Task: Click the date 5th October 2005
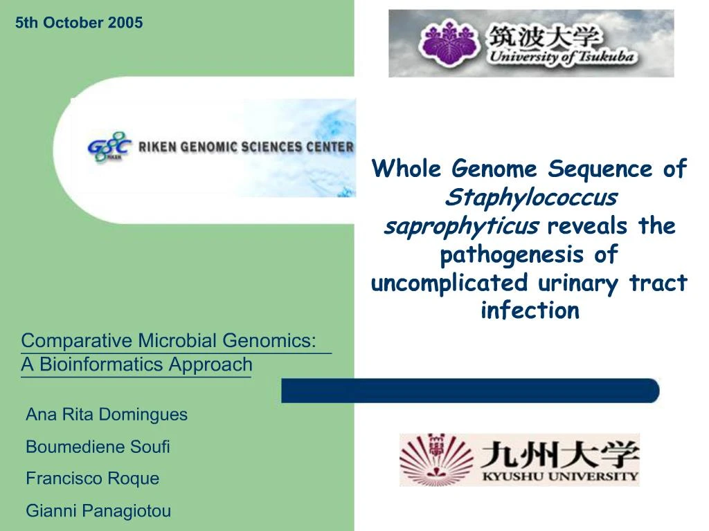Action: coord(79,23)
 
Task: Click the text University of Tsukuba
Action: coord(560,57)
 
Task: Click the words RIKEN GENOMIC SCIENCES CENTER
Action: coord(246,147)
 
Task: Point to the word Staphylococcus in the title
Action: coord(530,198)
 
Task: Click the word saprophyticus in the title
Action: coord(461,226)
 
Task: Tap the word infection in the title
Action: coord(530,310)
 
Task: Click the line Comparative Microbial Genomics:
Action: coord(169,341)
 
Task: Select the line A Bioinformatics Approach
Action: coord(136,364)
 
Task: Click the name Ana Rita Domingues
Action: coord(107,415)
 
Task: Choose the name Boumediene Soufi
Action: coord(98,447)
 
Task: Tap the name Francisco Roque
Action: coord(92,478)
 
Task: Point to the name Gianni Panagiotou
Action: coord(98,511)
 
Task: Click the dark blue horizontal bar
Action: coord(471,391)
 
